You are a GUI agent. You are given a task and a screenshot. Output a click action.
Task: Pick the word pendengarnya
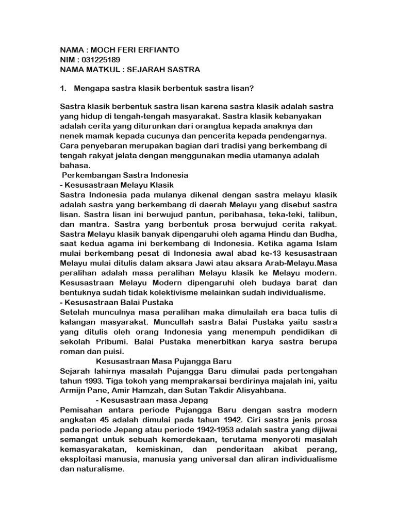(295, 136)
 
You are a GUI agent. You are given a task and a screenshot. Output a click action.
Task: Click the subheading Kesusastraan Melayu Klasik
(120, 185)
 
